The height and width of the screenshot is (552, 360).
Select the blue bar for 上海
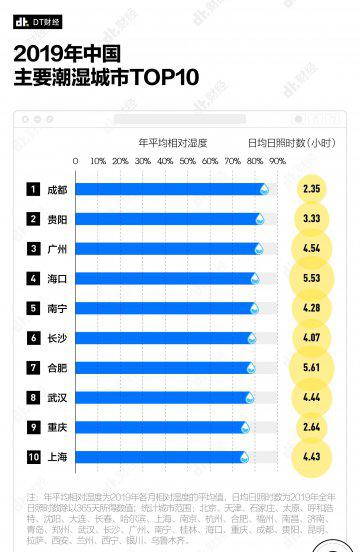tap(160, 457)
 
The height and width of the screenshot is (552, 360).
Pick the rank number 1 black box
tap(33, 189)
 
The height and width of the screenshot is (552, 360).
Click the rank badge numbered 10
tap(33, 457)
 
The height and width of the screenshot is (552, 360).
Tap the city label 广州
tap(57, 248)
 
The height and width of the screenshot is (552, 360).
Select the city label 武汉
tap(57, 397)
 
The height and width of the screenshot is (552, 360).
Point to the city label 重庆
tap(57, 427)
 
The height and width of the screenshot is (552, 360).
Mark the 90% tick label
tap(277, 161)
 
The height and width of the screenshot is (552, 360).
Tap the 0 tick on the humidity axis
tap(76, 161)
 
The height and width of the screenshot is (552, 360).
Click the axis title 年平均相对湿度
tap(172, 143)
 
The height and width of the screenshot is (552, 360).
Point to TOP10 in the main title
tap(164, 77)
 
